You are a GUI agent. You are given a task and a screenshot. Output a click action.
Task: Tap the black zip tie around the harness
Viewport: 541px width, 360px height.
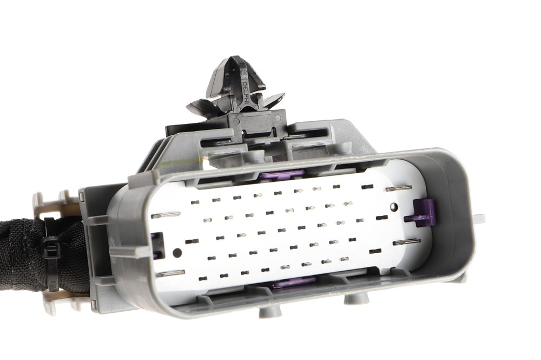coord(52,254)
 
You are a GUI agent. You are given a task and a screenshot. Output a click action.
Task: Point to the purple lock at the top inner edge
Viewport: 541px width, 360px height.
coord(282,174)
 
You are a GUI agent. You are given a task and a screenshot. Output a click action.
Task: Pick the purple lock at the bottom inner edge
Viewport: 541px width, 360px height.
coord(294,283)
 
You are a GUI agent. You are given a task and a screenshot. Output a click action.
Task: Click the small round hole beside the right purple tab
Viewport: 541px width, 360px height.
coord(393,207)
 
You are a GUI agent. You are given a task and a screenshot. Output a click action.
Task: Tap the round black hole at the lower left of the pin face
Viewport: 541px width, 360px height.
coord(177,252)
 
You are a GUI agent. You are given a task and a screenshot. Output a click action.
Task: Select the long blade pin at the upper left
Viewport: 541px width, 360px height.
coord(166,215)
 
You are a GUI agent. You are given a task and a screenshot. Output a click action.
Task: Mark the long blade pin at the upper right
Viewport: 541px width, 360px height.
coord(399,188)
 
